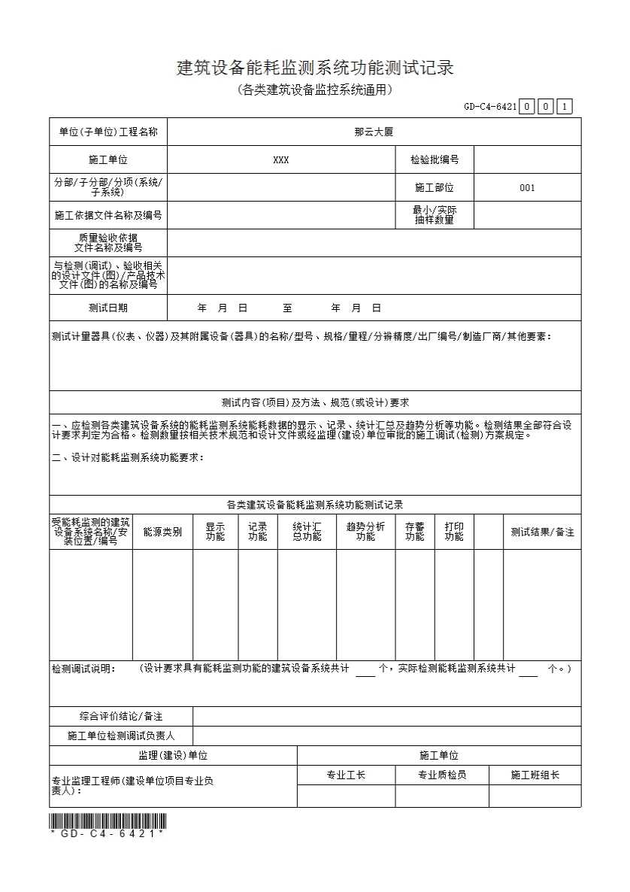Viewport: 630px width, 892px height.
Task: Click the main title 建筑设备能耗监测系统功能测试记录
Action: pyautogui.click(x=315, y=68)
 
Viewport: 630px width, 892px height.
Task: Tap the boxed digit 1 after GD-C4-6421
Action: pyautogui.click(x=565, y=107)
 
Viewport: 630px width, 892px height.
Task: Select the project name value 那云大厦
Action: pyautogui.click(x=374, y=132)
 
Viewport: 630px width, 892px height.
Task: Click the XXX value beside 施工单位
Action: pyautogui.click(x=280, y=160)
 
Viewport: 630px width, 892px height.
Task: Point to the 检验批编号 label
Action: pyautogui.click(x=435, y=160)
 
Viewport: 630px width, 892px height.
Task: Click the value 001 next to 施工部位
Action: pyautogui.click(x=527, y=188)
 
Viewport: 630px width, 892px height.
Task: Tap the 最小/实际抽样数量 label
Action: pyautogui.click(x=435, y=215)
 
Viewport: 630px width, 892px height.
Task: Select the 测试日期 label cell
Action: pyautogui.click(x=108, y=308)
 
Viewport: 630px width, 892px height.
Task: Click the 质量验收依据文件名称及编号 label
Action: pyautogui.click(x=108, y=242)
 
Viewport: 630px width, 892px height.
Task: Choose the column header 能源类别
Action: pyautogui.click(x=162, y=532)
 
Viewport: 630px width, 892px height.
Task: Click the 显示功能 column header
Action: pyautogui.click(x=215, y=532)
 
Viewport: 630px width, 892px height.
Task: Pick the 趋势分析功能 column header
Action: pyautogui.click(x=365, y=532)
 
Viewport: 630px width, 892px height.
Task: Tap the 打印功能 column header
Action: pyautogui.click(x=454, y=532)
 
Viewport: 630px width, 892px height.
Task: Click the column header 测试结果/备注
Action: pyautogui.click(x=542, y=532)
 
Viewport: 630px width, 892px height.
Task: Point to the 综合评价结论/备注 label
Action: pyautogui.click(x=121, y=716)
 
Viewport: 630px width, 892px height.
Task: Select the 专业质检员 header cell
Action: pyautogui.click(x=442, y=775)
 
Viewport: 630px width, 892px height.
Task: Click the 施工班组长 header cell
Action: pyautogui.click(x=535, y=775)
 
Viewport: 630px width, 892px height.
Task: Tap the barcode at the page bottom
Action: pyautogui.click(x=108, y=821)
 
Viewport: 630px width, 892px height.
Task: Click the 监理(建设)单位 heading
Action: pyautogui.click(x=173, y=755)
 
